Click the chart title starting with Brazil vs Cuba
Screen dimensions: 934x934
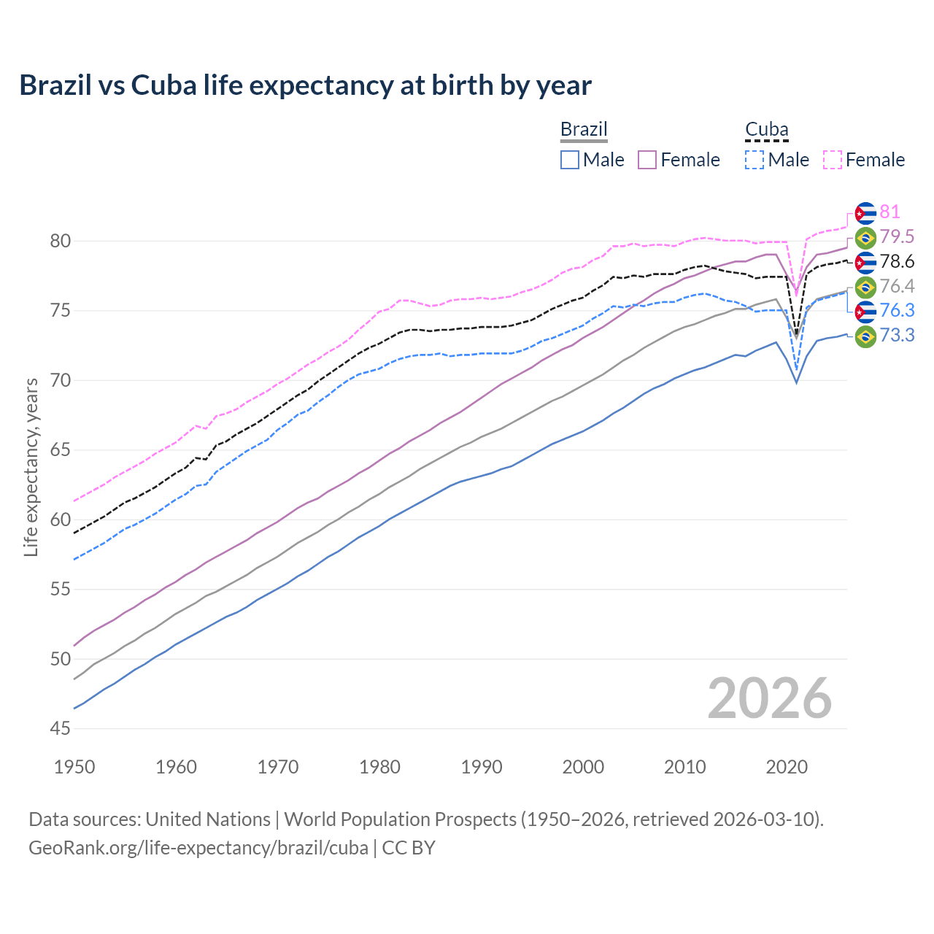305,85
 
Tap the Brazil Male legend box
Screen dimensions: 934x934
570,160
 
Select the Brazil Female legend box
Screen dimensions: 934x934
647,160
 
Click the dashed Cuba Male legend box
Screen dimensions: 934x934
754,160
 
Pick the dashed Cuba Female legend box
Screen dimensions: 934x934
833,160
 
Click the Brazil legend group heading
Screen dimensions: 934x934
584,130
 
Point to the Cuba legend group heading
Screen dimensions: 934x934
766,130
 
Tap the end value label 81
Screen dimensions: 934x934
889,212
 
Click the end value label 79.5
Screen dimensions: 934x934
897,237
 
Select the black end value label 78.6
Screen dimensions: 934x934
897,262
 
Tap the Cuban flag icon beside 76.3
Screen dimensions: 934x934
865,312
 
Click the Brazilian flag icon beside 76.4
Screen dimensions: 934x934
865,287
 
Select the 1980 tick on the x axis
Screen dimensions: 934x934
379,767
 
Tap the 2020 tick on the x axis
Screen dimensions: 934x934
787,767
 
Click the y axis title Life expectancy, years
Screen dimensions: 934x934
31,467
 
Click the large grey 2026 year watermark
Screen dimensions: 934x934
769,698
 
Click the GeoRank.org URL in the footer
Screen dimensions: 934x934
198,848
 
